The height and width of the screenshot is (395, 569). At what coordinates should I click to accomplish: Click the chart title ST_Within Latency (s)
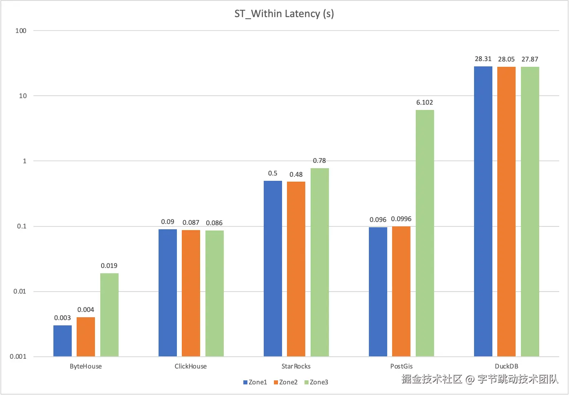click(284, 14)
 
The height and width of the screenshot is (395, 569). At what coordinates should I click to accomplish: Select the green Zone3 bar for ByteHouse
click(109, 314)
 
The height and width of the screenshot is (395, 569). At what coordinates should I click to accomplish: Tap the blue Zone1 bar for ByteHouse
click(62, 340)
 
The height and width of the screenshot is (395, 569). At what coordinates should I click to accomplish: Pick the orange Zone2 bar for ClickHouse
click(191, 293)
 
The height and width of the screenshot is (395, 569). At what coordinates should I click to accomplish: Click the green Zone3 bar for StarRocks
click(320, 262)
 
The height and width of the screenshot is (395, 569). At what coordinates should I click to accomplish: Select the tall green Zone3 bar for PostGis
click(425, 233)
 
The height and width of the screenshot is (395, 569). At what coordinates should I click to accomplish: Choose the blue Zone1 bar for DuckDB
click(483, 211)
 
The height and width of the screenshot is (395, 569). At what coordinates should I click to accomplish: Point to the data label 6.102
click(424, 103)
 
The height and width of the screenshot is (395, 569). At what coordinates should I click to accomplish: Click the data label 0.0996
click(401, 219)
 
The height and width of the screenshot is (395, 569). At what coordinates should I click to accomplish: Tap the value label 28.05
click(506, 59)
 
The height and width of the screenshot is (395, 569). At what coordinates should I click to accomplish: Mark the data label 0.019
click(109, 266)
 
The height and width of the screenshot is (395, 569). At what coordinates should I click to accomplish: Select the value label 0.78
click(319, 161)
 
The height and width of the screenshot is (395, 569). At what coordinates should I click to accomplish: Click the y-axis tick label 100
click(21, 31)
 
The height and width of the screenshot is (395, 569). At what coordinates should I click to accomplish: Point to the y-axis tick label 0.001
click(18, 357)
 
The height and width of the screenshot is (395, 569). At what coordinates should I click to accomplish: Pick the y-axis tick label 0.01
click(20, 292)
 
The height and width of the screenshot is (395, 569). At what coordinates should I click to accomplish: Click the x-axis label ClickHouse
click(190, 366)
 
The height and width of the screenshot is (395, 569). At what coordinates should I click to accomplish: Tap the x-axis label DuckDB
click(506, 366)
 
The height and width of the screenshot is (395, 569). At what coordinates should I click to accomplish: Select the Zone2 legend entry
click(286, 382)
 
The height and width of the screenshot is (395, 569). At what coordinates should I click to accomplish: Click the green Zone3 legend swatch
click(307, 382)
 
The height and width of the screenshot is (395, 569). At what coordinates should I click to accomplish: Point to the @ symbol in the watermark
click(470, 380)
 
